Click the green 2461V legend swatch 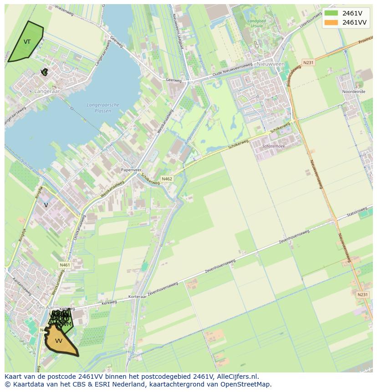coord(331,13)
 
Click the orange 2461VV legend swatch coord(331,22)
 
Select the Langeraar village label coord(47,92)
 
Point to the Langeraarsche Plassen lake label coord(103,108)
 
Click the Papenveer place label coord(129,170)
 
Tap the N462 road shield coord(167,179)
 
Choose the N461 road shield coord(65,265)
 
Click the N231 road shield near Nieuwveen coord(308,62)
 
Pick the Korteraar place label coord(137,297)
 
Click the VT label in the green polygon coord(27,42)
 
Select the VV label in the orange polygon coord(59,341)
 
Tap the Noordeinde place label coord(354,92)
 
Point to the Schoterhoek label coord(274,146)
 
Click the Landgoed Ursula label coord(256,23)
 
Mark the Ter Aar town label coord(44,308)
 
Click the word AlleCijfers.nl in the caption coord(237,377)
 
